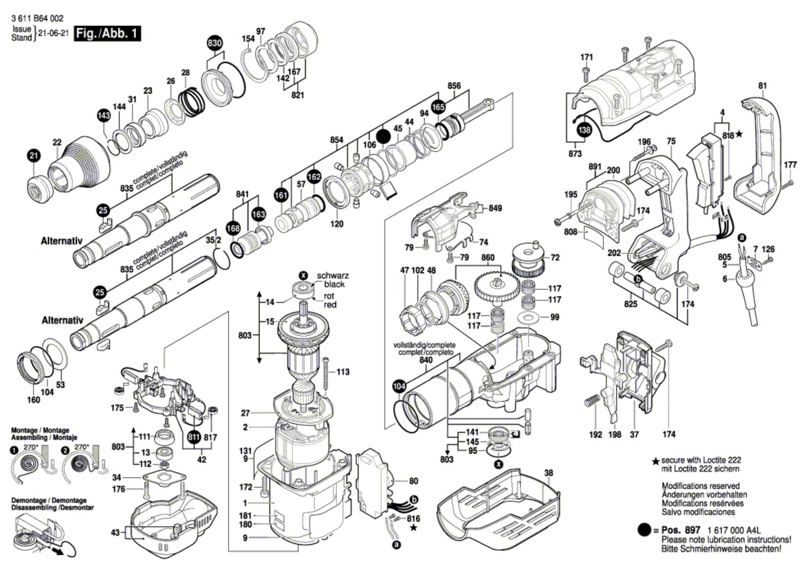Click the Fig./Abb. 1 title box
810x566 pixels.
tap(107, 34)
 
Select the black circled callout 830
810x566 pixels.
tap(215, 43)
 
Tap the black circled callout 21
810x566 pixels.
tap(33, 156)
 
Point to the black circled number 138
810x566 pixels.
tap(584, 130)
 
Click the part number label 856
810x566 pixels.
tap(454, 86)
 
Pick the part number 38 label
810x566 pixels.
tap(548, 473)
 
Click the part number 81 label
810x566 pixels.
tap(762, 86)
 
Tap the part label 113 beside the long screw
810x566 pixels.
tap(343, 372)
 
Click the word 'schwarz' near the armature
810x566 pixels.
tap(333, 276)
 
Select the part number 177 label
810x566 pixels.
tap(790, 165)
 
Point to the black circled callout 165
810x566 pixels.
tap(438, 107)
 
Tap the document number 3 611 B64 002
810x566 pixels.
tap(37, 19)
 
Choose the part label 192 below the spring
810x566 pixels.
tap(595, 434)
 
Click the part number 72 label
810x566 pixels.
tap(555, 258)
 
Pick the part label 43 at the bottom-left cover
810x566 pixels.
tap(115, 532)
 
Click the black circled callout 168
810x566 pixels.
tap(233, 228)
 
